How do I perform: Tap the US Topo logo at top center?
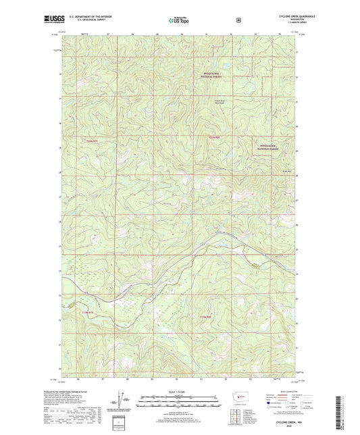(179, 20)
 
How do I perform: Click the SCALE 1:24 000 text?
(178, 392)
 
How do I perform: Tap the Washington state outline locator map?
(239, 395)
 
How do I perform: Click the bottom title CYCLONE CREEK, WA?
(288, 422)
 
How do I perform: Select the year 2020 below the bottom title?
(288, 427)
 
